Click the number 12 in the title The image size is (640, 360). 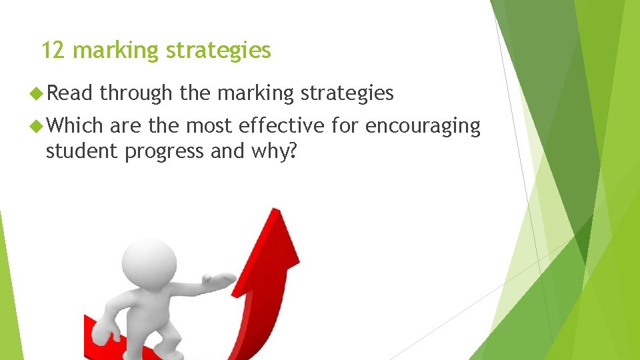pyautogui.click(x=53, y=50)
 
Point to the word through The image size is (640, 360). pyautogui.click(x=136, y=94)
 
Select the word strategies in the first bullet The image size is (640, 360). pyautogui.click(x=347, y=94)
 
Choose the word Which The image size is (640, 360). pyautogui.click(x=74, y=125)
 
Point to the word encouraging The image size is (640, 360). pyautogui.click(x=423, y=126)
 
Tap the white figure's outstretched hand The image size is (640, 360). pyautogui.click(x=223, y=279)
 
